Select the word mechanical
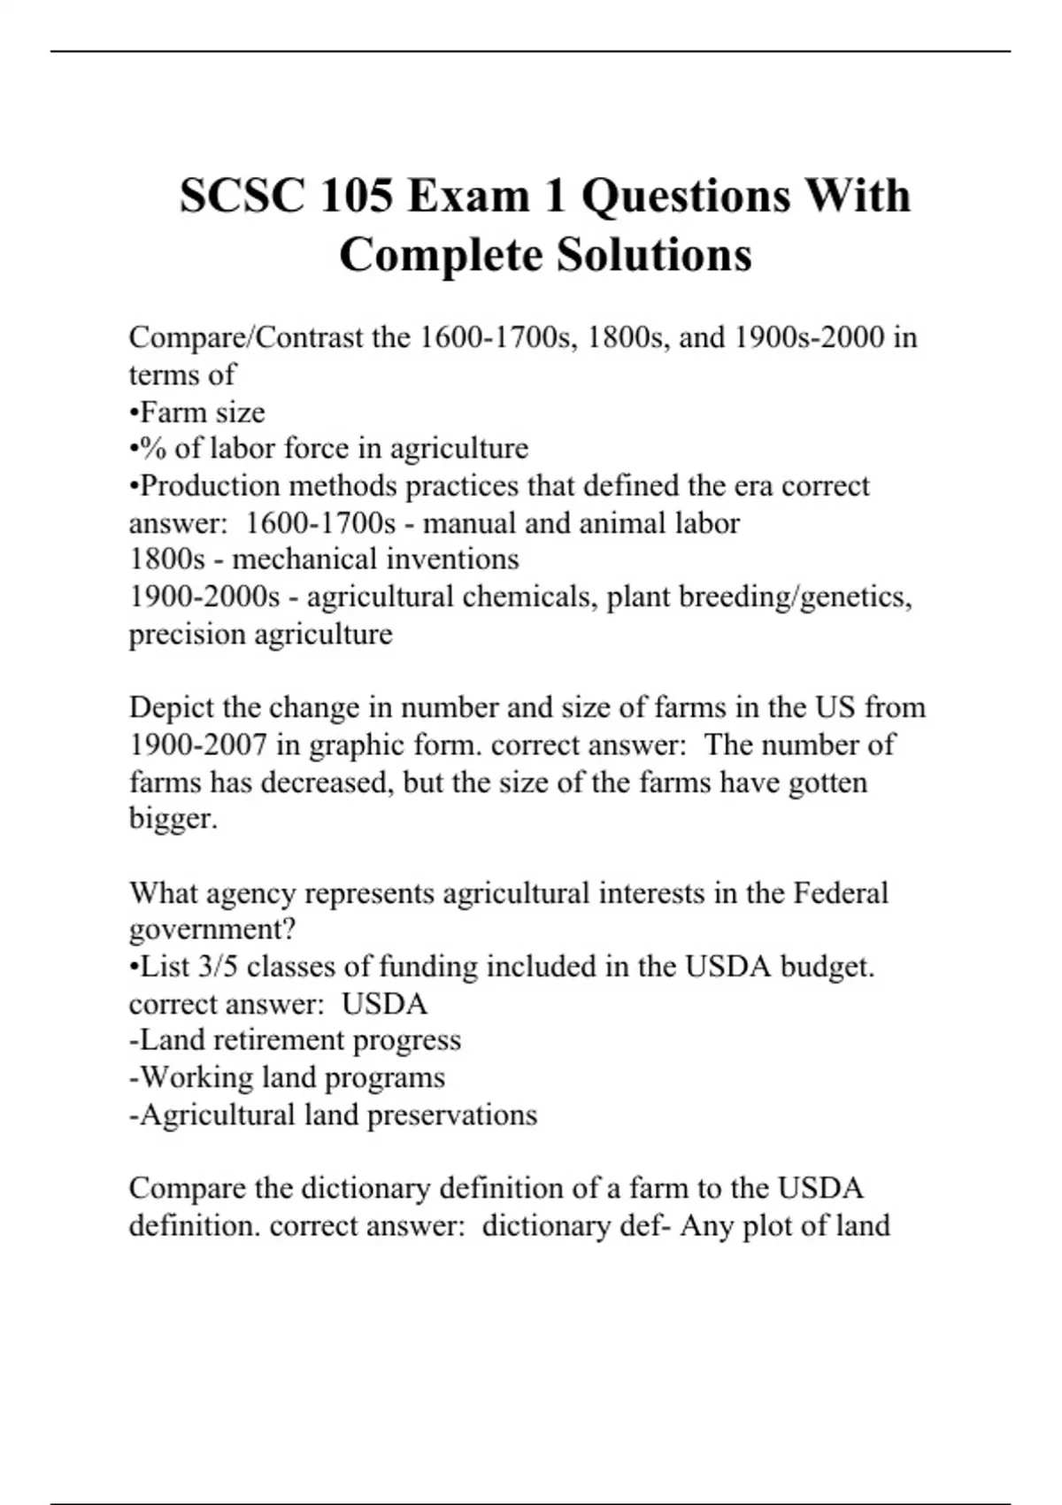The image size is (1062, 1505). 289,560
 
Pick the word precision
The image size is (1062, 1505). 188,635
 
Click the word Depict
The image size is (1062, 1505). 172,707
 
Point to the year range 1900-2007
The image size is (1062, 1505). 198,745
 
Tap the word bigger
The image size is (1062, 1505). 173,819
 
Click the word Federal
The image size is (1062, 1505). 840,892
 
